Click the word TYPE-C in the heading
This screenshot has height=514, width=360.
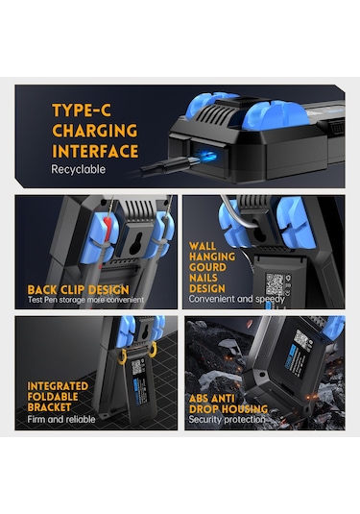[82, 110]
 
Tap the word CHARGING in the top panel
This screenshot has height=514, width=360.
[95, 131]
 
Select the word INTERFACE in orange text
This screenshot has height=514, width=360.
[95, 152]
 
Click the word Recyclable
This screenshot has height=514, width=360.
[79, 169]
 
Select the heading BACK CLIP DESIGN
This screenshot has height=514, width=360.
[79, 290]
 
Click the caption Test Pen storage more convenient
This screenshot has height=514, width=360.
[85, 300]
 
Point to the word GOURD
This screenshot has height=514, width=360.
[207, 267]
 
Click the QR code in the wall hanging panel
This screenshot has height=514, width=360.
[275, 283]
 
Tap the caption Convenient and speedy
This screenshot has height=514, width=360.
[236, 299]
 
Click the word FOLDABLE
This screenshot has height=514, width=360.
[53, 397]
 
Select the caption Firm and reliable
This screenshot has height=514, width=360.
[61, 419]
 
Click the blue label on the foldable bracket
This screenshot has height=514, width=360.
[140, 391]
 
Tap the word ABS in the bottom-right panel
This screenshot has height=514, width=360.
[199, 399]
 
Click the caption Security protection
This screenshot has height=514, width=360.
[227, 419]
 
